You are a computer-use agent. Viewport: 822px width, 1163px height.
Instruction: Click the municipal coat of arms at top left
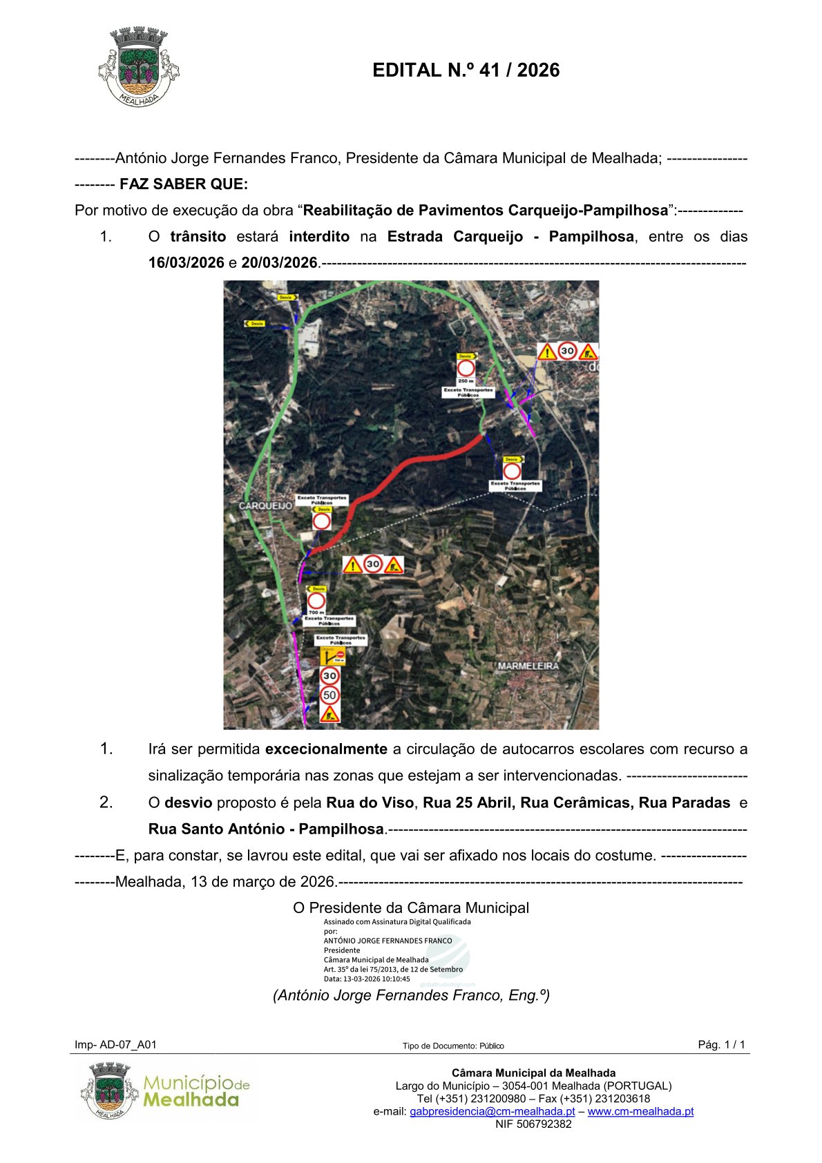139,67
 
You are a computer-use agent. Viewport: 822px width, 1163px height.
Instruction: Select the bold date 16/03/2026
186,263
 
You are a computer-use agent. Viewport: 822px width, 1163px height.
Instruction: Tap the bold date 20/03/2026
279,263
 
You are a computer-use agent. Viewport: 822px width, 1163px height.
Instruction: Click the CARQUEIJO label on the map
265,506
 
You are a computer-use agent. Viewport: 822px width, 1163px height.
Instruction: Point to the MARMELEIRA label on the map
528,666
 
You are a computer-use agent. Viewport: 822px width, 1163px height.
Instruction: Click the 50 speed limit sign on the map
330,695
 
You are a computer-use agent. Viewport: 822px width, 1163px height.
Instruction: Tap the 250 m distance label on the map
466,381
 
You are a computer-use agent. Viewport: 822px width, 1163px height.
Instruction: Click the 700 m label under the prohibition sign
316,612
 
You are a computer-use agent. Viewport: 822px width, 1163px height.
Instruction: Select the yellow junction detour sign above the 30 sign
331,655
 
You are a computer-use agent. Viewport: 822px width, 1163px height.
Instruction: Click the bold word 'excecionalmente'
326,749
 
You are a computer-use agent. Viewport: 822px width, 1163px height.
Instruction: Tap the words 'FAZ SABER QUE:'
184,184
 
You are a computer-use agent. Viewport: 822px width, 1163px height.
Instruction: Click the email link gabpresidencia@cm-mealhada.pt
492,1111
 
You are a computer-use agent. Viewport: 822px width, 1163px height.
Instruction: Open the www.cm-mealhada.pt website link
640,1111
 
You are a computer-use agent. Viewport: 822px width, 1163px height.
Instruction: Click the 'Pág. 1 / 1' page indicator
721,1045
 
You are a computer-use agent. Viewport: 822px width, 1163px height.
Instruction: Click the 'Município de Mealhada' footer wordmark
195,1091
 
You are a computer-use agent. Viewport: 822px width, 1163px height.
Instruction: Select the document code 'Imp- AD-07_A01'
115,1045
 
